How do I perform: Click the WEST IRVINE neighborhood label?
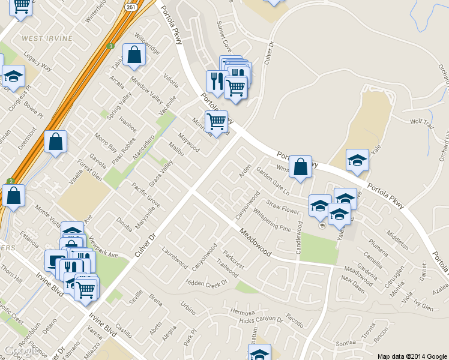(47, 38)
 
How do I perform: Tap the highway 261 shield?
(132, 6)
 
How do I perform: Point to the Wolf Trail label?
(421, 122)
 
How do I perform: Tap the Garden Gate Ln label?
(273, 181)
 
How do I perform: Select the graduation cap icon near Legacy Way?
(13, 76)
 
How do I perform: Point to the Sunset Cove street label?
(223, 35)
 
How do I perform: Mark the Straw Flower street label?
(283, 208)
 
